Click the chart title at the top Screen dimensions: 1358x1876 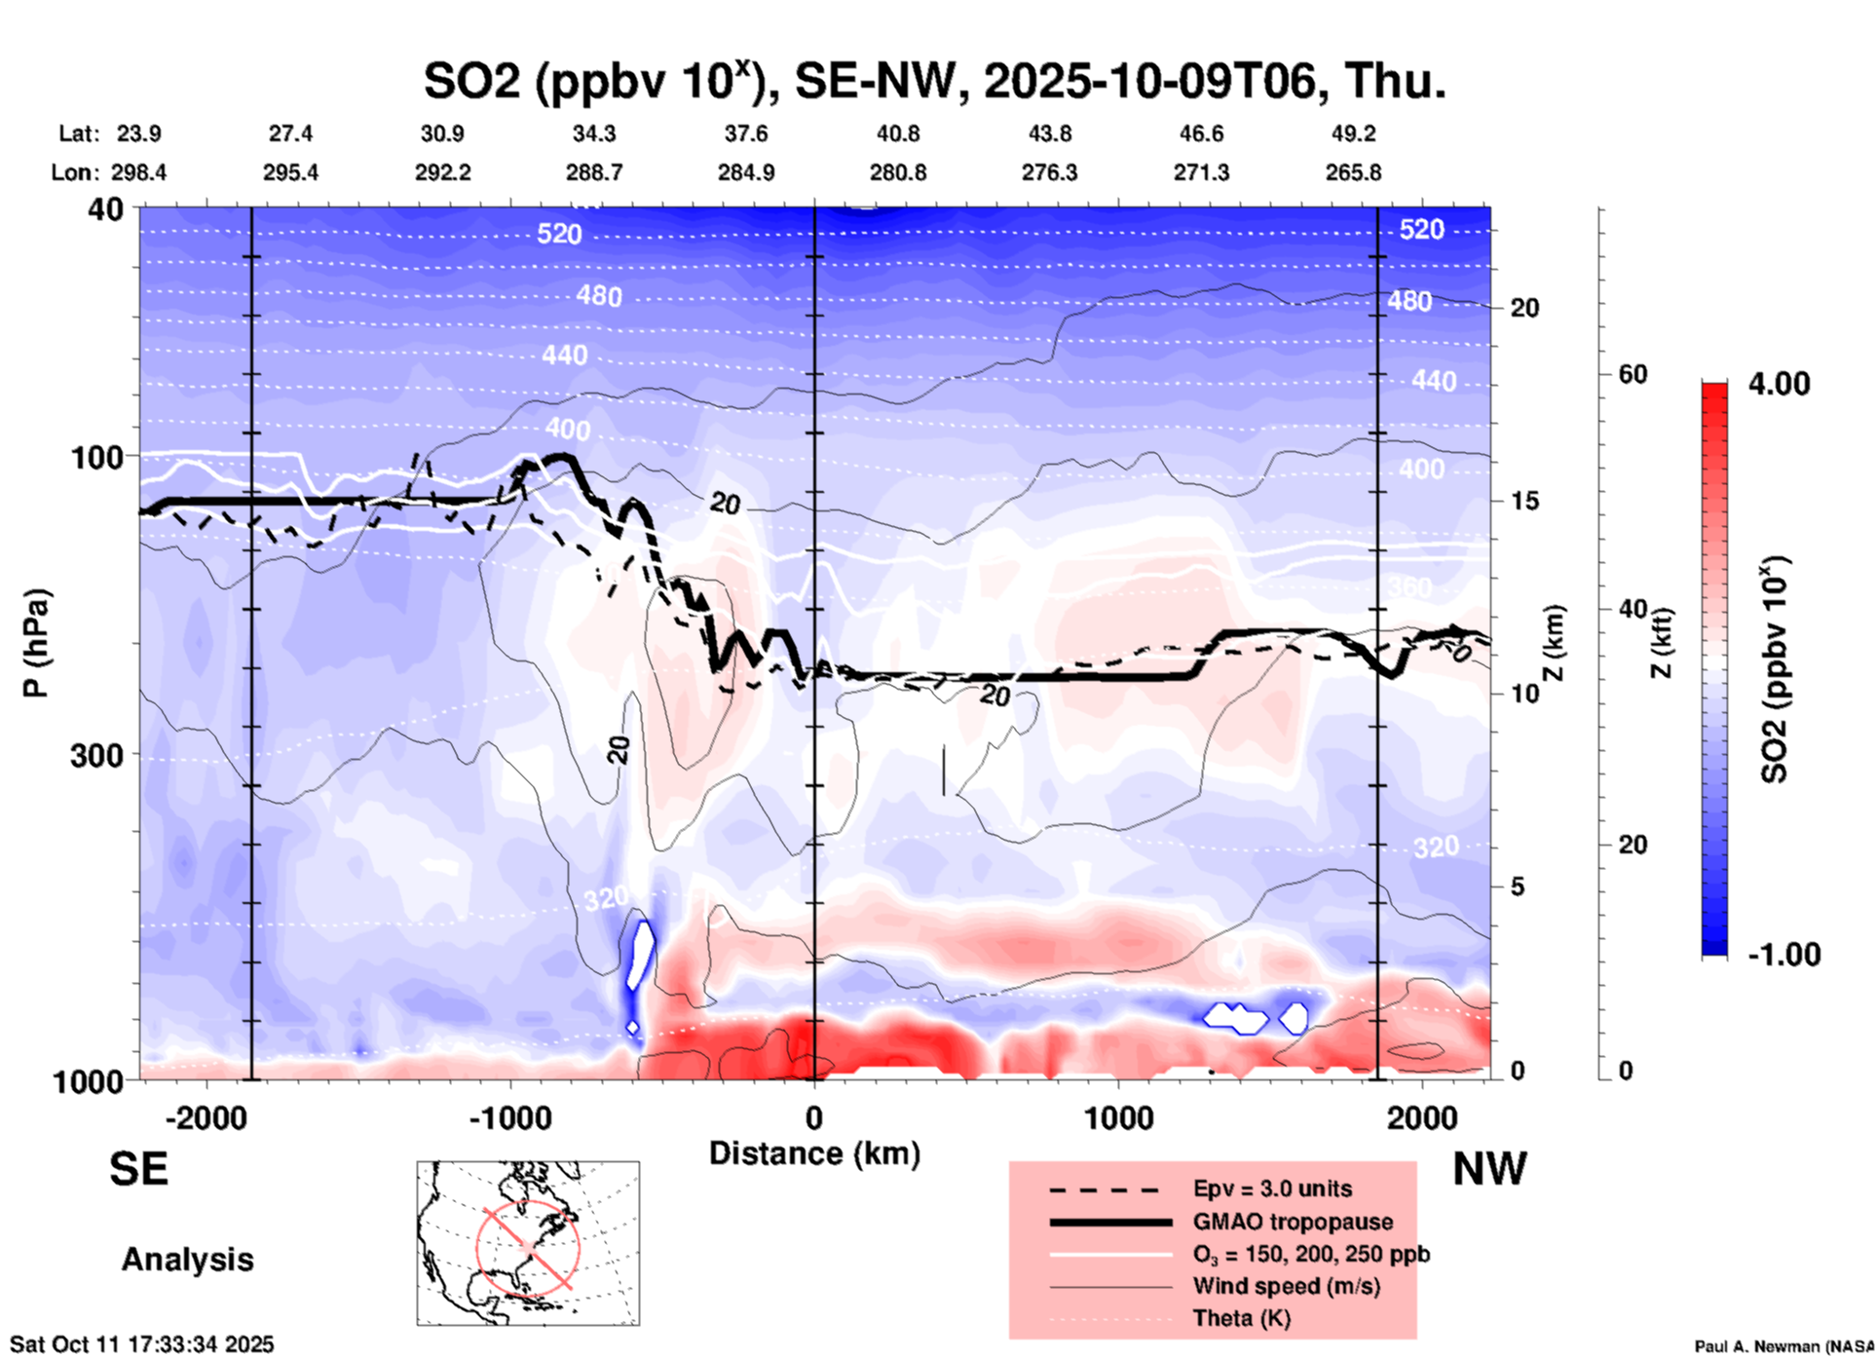tap(934, 81)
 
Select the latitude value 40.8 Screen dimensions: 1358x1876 tap(897, 133)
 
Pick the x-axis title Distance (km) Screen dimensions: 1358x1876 tap(814, 1153)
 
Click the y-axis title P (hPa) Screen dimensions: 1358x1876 tap(36, 643)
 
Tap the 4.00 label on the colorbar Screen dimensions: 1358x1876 tap(1779, 384)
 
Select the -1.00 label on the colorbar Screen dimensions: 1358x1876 tap(1783, 955)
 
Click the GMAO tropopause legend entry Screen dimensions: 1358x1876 tap(1293, 1222)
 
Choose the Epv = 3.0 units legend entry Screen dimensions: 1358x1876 tap(1272, 1188)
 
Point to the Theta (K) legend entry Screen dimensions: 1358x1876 tap(1241, 1318)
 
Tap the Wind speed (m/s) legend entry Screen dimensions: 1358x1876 tap(1286, 1286)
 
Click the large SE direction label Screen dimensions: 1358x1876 tap(138, 1169)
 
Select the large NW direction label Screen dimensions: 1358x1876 tap(1488, 1169)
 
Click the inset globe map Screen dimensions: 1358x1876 tap(528, 1243)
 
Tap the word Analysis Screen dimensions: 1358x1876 tap(187, 1260)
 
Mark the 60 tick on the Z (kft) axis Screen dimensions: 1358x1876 tap(1632, 374)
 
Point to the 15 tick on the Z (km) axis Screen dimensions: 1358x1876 tap(1524, 501)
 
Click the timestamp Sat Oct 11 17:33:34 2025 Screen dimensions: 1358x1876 tap(142, 1344)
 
